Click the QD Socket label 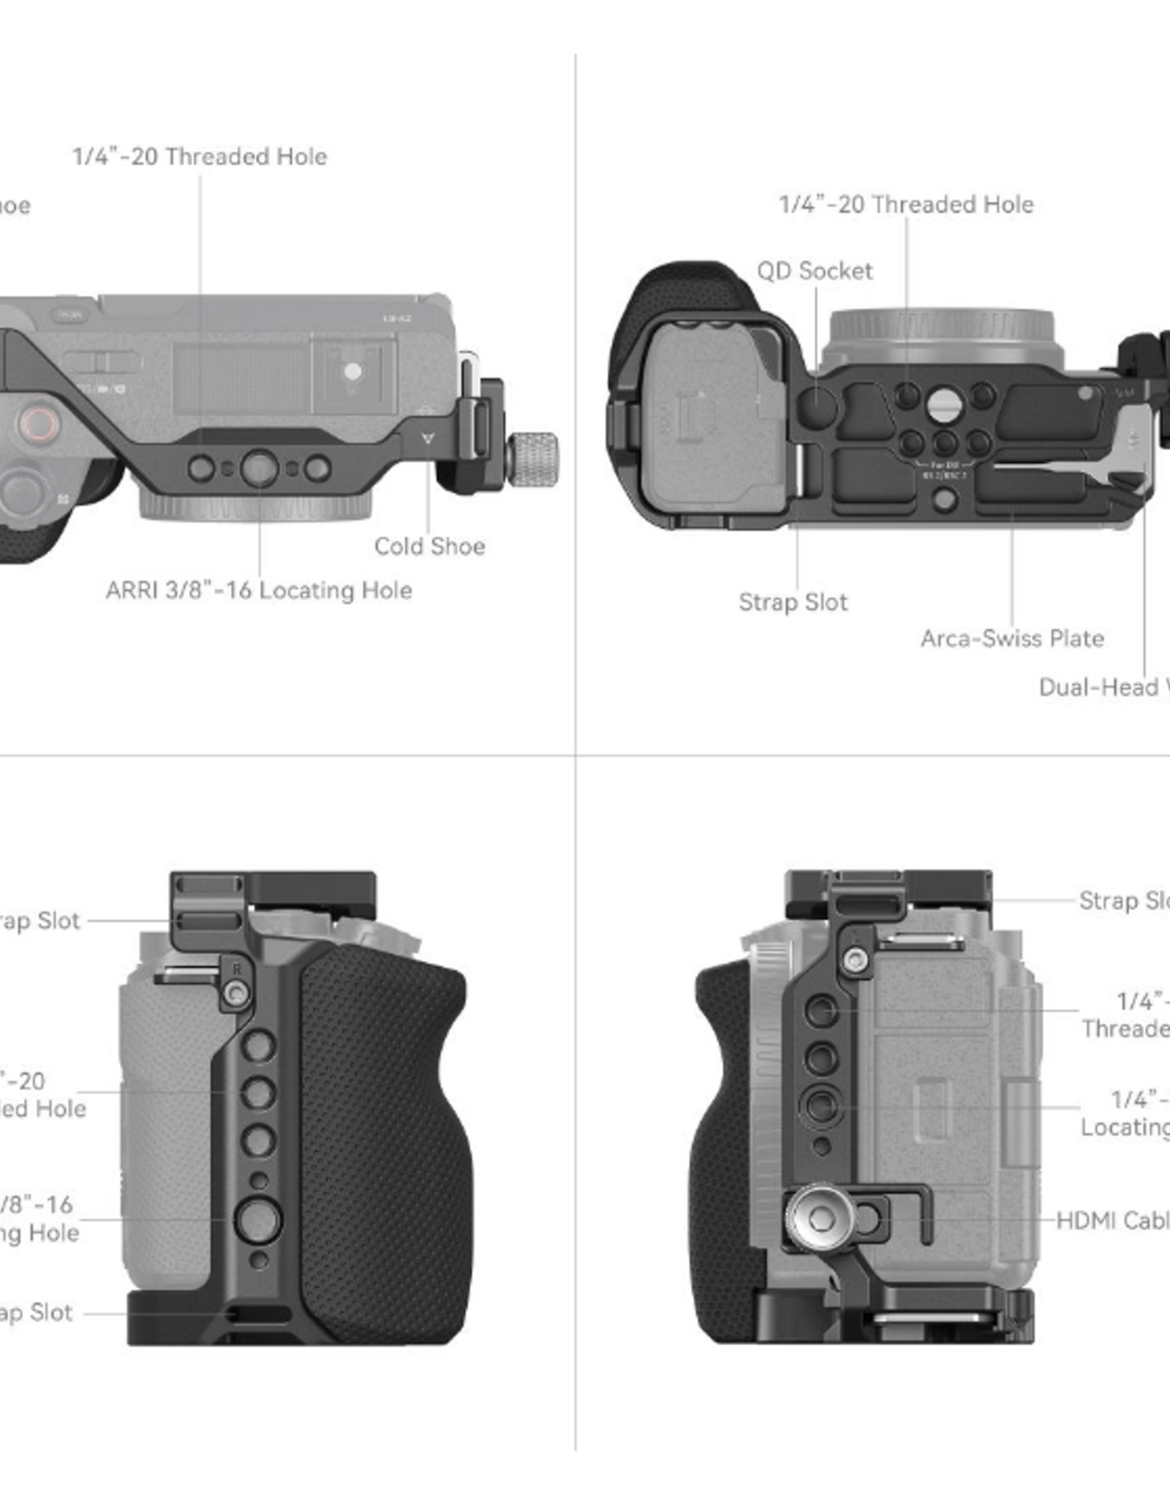click(814, 271)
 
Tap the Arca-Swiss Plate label click(1012, 639)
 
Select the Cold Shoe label click(429, 546)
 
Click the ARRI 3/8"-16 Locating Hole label click(259, 590)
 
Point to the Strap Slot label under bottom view click(793, 602)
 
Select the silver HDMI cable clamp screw click(820, 1218)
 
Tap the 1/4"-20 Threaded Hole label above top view click(200, 157)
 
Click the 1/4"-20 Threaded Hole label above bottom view click(906, 205)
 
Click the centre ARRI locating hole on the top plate click(259, 468)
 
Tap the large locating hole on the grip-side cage click(257, 1219)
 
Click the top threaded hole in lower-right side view click(820, 1011)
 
